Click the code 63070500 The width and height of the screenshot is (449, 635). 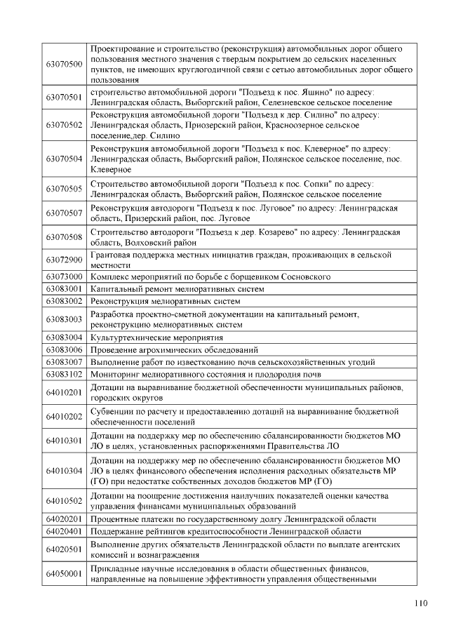[64, 65]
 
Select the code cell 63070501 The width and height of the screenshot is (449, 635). [64, 97]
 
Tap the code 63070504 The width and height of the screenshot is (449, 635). [64, 159]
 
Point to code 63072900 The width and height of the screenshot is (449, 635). [64, 260]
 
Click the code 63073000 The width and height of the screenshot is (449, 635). [64, 277]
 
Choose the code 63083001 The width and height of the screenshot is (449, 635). [64, 289]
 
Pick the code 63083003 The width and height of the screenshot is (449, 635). [64, 319]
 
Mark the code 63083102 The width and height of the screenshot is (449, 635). [64, 374]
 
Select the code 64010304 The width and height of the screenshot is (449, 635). [64, 470]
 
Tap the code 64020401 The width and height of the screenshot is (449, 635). [64, 531]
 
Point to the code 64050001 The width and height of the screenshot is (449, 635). [64, 574]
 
